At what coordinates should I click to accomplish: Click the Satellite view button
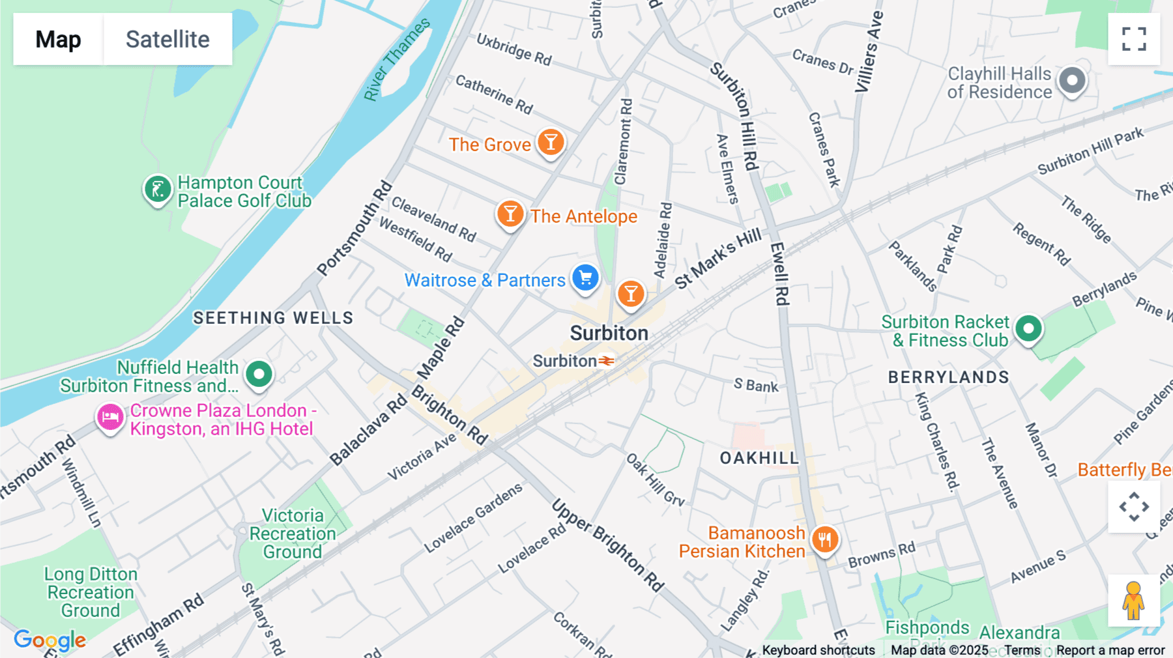tap(167, 39)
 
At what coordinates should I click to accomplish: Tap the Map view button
tap(58, 39)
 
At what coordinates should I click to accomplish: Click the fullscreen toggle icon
tap(1134, 39)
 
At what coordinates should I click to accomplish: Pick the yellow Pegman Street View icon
tap(1133, 600)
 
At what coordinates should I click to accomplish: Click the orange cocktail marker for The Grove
tap(551, 142)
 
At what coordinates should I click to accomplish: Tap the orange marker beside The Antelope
tap(510, 214)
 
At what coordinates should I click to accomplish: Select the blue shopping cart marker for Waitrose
tap(585, 278)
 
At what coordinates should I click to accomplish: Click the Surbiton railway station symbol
tap(607, 361)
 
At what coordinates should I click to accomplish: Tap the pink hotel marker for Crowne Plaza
tap(110, 417)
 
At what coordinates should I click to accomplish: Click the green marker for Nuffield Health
tap(259, 375)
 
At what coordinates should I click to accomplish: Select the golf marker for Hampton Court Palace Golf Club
tap(158, 190)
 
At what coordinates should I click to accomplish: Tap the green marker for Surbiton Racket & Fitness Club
tap(1028, 328)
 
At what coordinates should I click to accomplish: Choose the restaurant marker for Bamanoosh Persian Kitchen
tap(824, 539)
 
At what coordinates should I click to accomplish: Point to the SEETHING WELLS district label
tap(273, 318)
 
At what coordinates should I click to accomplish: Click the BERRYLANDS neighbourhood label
tap(948, 377)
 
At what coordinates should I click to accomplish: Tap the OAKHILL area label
tap(759, 458)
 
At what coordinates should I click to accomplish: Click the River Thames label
tap(396, 60)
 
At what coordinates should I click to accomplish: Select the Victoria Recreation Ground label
tap(293, 534)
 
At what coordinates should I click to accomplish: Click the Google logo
tap(50, 640)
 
